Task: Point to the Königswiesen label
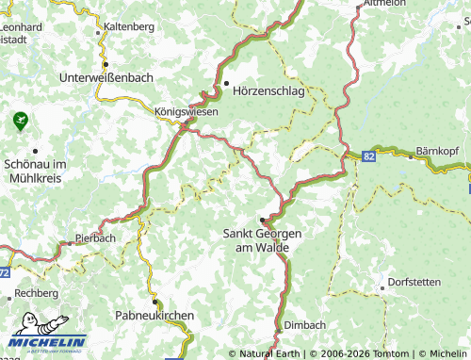click(x=187, y=111)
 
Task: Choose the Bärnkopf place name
click(x=440, y=151)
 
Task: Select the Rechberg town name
click(x=38, y=294)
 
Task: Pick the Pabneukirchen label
click(x=154, y=315)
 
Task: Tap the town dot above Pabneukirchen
click(x=154, y=302)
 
